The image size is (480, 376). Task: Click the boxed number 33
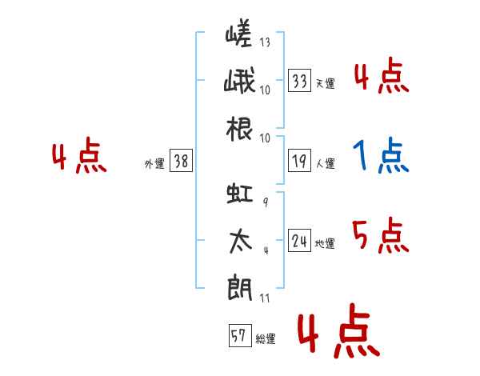coord(300,80)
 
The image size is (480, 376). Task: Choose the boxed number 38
coord(181,162)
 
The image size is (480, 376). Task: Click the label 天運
coord(325,83)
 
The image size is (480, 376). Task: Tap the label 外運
coord(154,164)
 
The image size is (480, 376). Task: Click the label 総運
coord(265,339)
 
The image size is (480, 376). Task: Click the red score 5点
coord(381,236)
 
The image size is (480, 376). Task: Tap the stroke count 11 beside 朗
coord(265,298)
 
